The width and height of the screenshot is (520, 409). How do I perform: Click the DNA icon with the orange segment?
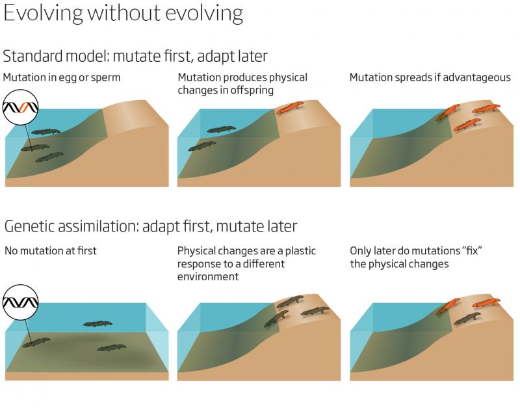click(21, 107)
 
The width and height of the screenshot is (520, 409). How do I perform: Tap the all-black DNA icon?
click(21, 302)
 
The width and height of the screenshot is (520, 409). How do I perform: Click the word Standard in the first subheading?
click(33, 56)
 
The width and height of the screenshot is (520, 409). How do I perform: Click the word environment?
click(208, 276)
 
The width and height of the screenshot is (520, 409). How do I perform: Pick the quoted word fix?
click(472, 250)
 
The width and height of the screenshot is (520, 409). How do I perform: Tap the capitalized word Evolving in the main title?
click(43, 13)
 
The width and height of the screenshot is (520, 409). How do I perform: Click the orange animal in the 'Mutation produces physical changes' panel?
click(290, 107)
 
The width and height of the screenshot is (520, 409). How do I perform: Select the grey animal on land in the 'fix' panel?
click(467, 318)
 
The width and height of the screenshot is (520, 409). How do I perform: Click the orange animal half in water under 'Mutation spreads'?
click(448, 112)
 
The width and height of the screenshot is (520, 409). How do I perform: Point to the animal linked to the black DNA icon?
click(36, 342)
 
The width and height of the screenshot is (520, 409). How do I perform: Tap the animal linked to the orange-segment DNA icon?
click(35, 148)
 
